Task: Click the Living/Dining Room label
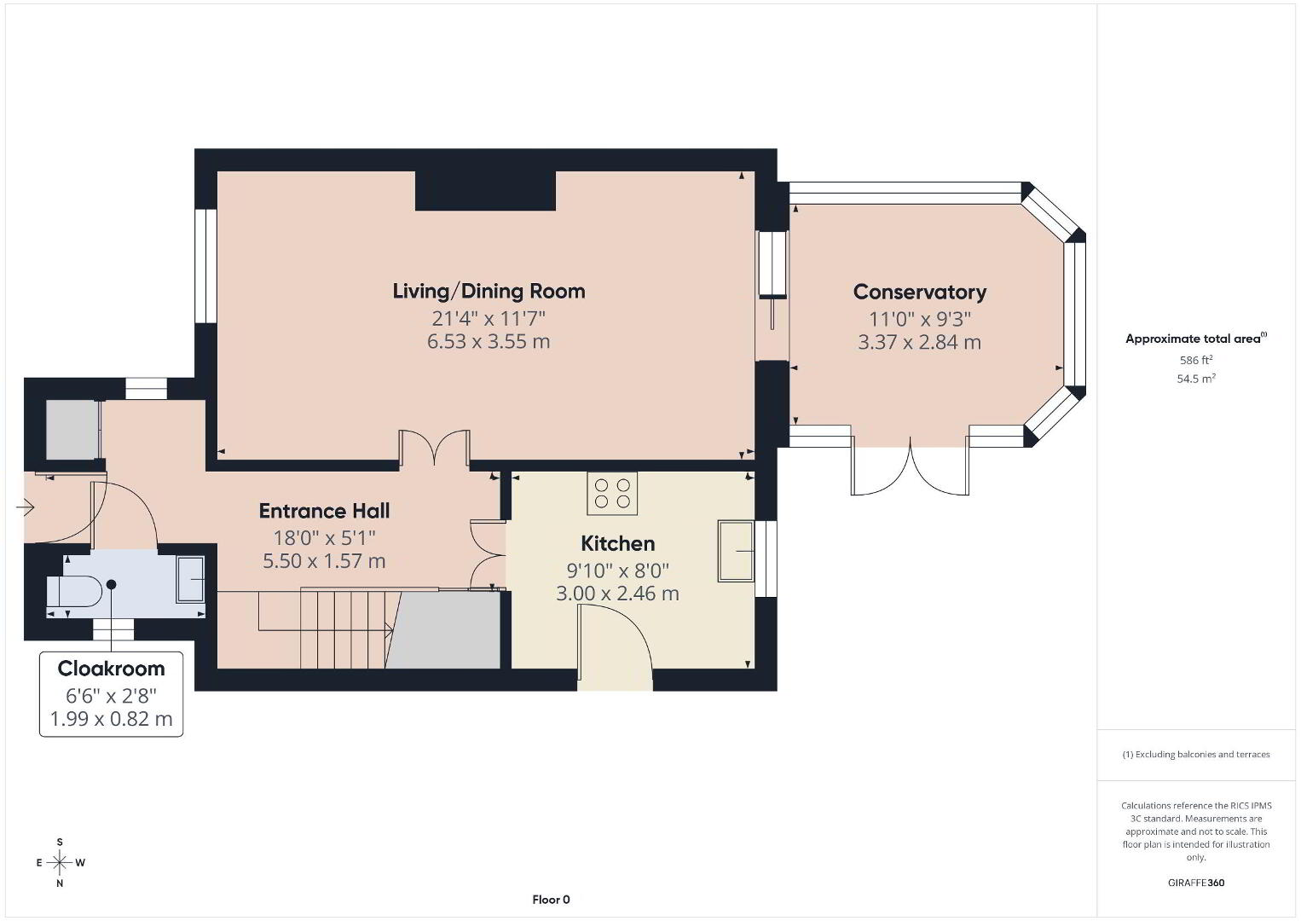[489, 291]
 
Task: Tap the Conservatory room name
[919, 292]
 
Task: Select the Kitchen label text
[618, 543]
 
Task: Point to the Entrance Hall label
[324, 511]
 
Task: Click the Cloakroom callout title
[111, 669]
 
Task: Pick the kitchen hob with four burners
[612, 493]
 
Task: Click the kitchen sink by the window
[736, 551]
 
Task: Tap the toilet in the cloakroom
[74, 592]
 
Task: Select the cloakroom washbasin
[190, 579]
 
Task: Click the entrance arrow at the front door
[25, 508]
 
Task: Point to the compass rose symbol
[60, 862]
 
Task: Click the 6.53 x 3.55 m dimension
[489, 341]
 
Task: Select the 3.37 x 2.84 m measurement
[919, 342]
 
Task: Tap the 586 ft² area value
[1196, 360]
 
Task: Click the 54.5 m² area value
[1196, 379]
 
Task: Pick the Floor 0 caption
[551, 900]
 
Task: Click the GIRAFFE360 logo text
[1196, 883]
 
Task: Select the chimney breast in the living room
[486, 190]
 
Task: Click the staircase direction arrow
[326, 629]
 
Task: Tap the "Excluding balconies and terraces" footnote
[1196, 754]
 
